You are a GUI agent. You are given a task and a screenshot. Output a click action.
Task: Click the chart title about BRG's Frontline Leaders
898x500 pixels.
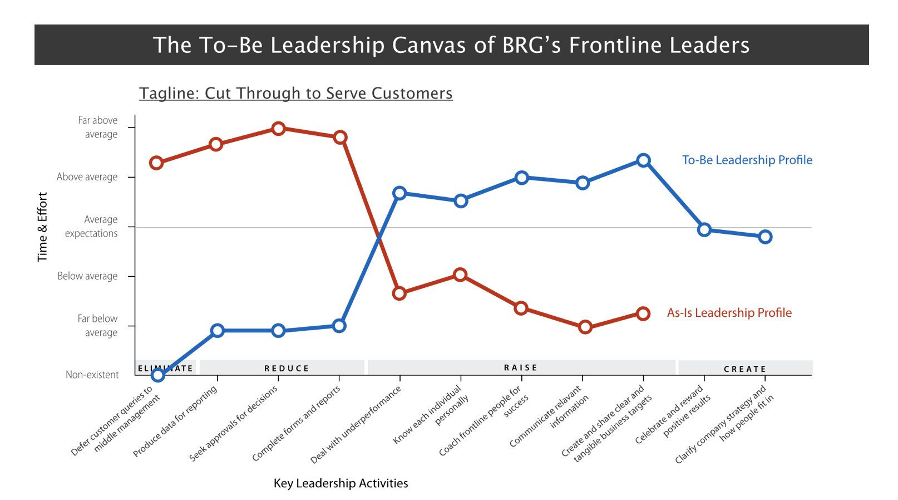point(451,45)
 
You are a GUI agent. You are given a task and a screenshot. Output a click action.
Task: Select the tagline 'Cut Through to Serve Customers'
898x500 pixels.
point(295,93)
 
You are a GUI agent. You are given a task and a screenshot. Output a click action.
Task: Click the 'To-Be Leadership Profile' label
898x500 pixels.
point(747,160)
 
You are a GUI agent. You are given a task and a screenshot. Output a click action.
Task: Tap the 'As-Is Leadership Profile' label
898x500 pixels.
point(729,313)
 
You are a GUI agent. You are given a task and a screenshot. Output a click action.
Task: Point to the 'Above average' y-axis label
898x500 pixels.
point(87,177)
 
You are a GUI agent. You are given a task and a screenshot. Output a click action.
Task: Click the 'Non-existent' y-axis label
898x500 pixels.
point(92,375)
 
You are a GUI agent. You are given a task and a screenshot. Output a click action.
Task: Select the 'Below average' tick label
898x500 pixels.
point(87,276)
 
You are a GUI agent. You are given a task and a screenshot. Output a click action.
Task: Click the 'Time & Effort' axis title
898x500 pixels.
point(42,227)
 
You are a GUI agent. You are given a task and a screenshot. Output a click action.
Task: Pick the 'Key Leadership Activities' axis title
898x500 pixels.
point(341,483)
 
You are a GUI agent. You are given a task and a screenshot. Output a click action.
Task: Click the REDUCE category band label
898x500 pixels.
point(287,368)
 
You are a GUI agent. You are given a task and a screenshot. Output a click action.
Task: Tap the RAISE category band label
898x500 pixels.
point(521,367)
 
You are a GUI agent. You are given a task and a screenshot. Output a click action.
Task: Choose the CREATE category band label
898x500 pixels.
point(745,369)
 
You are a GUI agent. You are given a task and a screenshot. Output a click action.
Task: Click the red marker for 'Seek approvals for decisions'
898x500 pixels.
point(278,129)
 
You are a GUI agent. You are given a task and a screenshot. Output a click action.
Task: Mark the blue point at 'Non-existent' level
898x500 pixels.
point(158,375)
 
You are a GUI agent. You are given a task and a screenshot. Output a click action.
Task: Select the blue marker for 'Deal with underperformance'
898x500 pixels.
point(399,193)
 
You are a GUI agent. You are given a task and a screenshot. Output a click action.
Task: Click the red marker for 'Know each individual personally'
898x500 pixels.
point(460,274)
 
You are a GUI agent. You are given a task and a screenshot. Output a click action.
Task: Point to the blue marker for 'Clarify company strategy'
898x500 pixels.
point(765,237)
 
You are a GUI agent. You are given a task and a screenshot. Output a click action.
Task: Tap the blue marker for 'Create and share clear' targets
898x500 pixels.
point(643,160)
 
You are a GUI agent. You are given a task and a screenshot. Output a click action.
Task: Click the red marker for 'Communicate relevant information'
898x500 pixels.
point(585,327)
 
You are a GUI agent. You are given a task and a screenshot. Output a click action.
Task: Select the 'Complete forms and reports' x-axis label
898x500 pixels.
point(296,423)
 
